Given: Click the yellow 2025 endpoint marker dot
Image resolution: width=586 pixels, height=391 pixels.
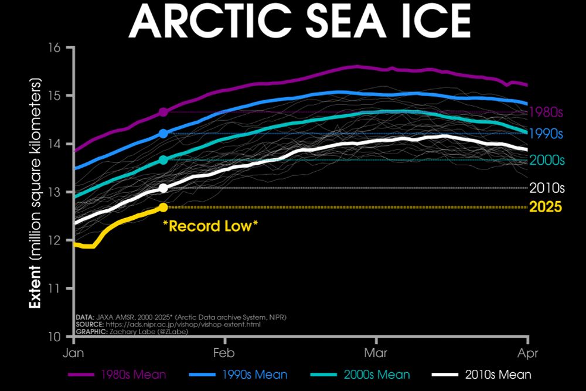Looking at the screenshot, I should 163,207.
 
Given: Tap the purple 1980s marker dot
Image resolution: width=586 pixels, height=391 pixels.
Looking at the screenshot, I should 163,111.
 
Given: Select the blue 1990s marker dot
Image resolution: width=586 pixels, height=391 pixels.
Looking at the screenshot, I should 163,134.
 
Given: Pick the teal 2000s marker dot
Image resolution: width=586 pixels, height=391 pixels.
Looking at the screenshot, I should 163,159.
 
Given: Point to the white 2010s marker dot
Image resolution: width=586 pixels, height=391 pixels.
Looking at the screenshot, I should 163,188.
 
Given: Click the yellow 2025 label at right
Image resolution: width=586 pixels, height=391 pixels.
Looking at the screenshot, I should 546,207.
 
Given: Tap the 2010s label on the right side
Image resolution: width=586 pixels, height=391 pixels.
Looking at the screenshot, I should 546,188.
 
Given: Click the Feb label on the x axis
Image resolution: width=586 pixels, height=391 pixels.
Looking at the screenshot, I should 224,353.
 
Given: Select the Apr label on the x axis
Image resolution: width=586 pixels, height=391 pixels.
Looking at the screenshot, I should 528,353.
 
